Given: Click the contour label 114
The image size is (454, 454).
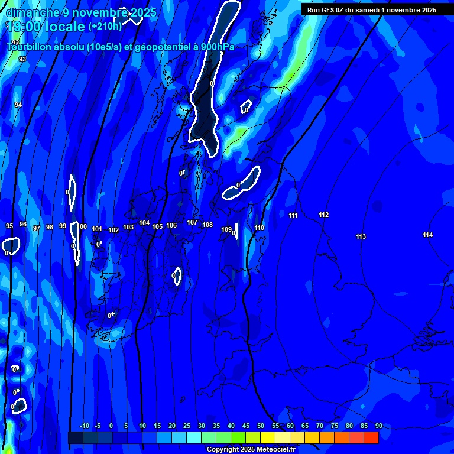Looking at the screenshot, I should [427, 235].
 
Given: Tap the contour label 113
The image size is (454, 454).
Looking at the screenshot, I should [361, 236].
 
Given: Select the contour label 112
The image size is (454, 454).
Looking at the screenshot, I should [323, 215].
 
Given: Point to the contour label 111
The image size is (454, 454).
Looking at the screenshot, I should [293, 215].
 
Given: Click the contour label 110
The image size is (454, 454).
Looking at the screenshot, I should [259, 228].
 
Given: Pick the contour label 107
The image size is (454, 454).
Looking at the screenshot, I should [192, 222].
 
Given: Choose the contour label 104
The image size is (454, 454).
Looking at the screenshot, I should [144, 223].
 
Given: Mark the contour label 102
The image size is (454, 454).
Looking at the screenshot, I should [113, 230].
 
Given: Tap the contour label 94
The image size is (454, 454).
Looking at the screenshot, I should [18, 105].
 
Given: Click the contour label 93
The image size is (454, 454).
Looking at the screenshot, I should [22, 59].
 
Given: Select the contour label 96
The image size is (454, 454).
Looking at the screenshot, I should [23, 224].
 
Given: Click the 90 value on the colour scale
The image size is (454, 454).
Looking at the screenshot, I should [378, 426].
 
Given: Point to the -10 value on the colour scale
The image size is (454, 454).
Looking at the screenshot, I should [84, 426].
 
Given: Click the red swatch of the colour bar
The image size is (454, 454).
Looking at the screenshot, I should [371, 437].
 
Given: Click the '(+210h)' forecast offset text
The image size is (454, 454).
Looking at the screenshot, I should [105, 26].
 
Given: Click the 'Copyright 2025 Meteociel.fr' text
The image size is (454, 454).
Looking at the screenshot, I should [251, 449].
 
